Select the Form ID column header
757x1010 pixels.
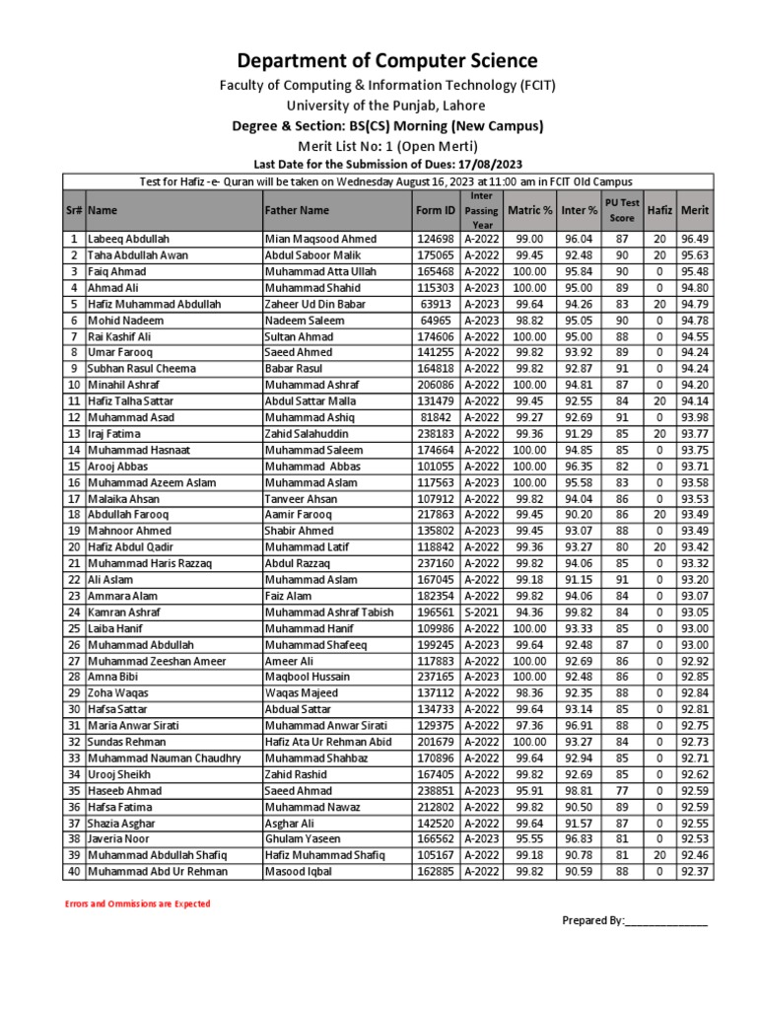tap(436, 210)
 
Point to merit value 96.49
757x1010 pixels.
tap(695, 239)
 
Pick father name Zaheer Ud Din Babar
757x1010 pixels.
tap(315, 304)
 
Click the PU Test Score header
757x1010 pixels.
tap(622, 210)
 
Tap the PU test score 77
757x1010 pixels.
tap(622, 790)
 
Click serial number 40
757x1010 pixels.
tap(74, 871)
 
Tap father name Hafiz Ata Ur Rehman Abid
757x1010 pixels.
tap(328, 742)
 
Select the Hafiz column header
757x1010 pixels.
tap(659, 210)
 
